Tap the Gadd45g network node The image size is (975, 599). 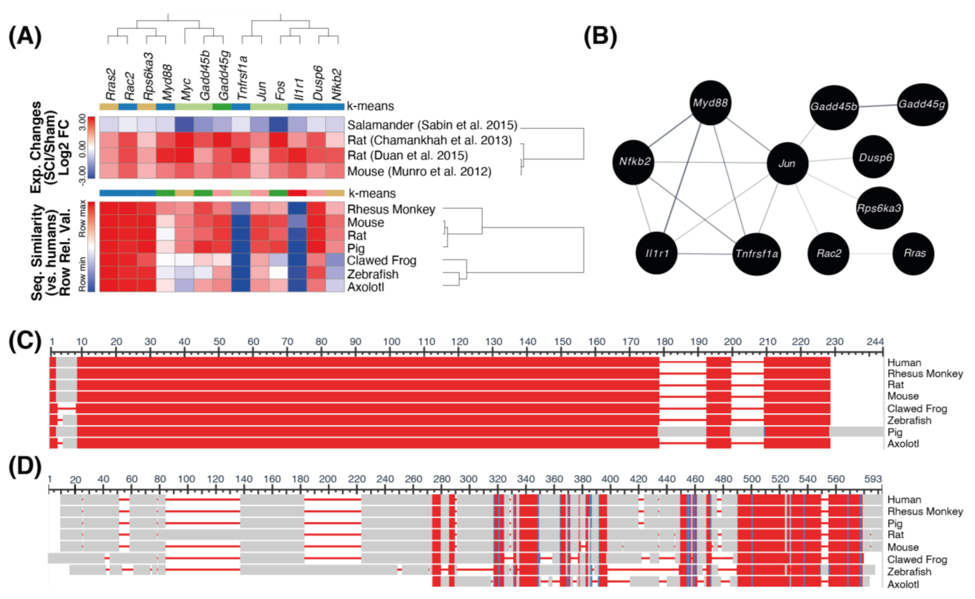[922, 104]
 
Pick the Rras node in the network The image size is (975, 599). [914, 254]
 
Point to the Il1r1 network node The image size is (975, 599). [657, 254]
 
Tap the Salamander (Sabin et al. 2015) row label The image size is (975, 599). [432, 125]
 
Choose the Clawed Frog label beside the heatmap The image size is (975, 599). [381, 261]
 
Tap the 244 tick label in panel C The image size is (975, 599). [875, 341]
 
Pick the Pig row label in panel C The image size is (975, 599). [895, 432]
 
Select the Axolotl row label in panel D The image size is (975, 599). [903, 584]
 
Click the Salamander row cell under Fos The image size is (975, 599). [279, 125]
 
